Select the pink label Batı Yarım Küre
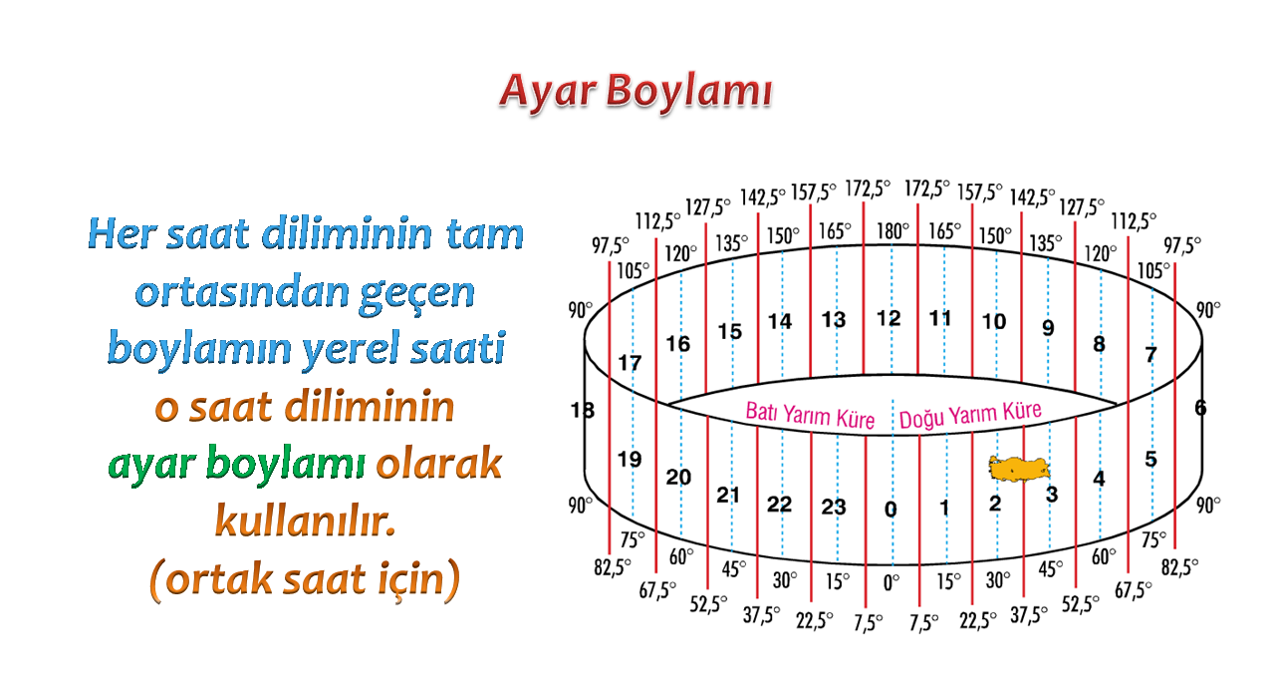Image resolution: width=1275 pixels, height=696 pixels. click(810, 415)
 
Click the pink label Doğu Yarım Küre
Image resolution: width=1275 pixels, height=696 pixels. click(970, 414)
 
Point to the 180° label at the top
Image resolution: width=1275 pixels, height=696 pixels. click(892, 231)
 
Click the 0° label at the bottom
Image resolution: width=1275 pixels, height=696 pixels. click(891, 582)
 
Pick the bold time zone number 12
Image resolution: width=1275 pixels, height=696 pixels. click(889, 318)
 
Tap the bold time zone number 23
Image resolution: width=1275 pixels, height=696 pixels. click(834, 507)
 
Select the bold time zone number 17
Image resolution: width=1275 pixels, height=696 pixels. click(630, 363)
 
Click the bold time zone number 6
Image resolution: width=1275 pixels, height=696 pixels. click(1200, 408)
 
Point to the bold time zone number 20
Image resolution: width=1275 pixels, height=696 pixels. click(678, 478)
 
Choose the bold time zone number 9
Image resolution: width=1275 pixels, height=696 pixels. click(1048, 328)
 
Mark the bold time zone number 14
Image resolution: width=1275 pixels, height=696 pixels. click(779, 322)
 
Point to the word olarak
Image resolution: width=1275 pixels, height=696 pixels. click(439, 463)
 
